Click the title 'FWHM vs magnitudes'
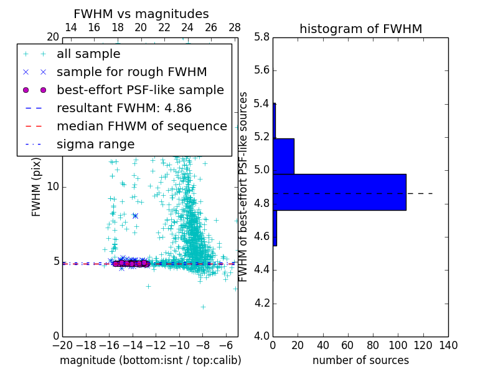(141, 14)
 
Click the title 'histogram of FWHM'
(360, 29)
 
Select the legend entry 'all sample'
(88, 54)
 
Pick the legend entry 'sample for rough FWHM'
(131, 72)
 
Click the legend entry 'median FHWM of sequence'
(141, 126)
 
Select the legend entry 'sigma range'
(95, 145)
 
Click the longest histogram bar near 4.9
(339, 192)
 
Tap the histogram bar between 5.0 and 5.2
(283, 156)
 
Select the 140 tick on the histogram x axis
(448, 345)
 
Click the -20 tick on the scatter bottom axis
(62, 345)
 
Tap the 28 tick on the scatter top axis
(235, 27)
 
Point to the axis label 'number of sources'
(360, 360)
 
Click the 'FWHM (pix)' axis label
(37, 187)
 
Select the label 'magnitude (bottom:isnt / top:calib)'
(150, 360)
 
